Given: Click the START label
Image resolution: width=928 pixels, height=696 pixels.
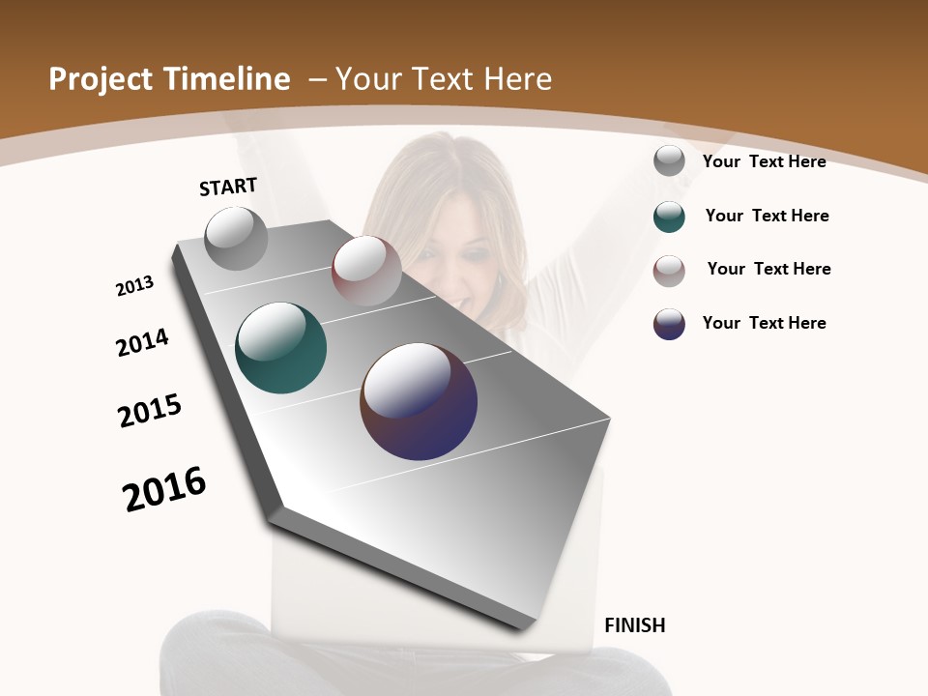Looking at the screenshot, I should click(x=228, y=187).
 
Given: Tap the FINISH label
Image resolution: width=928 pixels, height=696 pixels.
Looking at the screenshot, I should click(x=634, y=625).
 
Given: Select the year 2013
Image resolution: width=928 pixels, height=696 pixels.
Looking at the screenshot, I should click(x=134, y=286).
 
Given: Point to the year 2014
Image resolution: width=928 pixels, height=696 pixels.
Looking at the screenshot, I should click(x=142, y=342).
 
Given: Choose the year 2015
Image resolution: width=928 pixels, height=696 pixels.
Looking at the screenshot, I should click(x=149, y=411).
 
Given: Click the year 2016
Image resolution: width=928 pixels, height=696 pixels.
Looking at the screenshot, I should click(x=164, y=488).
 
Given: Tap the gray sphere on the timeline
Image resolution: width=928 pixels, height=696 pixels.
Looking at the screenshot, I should click(x=236, y=238).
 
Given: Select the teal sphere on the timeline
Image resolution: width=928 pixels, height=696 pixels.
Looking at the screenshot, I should click(x=280, y=348).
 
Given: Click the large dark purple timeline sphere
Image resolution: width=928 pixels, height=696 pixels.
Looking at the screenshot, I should click(x=419, y=401).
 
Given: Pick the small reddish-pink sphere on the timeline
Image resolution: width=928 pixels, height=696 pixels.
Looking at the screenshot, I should click(x=366, y=270).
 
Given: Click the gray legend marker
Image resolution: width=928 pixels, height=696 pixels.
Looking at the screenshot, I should click(x=669, y=161).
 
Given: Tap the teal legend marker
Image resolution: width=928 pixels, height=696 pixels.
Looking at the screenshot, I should click(x=669, y=217).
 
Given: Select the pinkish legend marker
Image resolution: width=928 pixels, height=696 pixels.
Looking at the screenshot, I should click(x=669, y=271).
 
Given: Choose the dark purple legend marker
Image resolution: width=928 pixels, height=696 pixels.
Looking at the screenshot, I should click(x=669, y=324).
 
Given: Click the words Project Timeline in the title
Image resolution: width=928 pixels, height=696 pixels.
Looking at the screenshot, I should click(x=169, y=79).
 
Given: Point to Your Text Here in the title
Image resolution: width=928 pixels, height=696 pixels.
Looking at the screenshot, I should click(x=444, y=79).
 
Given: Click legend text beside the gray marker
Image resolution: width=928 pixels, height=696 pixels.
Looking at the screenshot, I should click(x=764, y=161).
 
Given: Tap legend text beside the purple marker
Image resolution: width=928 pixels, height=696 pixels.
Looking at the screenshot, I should click(x=764, y=323).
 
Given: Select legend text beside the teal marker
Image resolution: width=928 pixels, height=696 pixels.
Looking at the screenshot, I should click(x=767, y=216).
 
